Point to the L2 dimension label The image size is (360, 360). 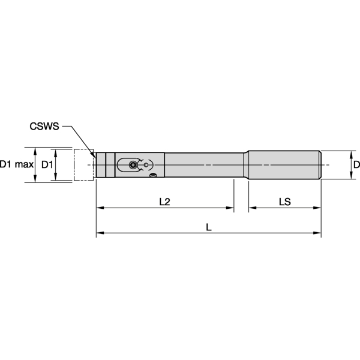pos(164,202)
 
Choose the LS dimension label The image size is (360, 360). pos(284,202)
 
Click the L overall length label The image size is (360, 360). pos(208,227)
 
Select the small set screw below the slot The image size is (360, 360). pos(154,175)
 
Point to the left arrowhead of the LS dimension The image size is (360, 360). pos(251,208)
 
